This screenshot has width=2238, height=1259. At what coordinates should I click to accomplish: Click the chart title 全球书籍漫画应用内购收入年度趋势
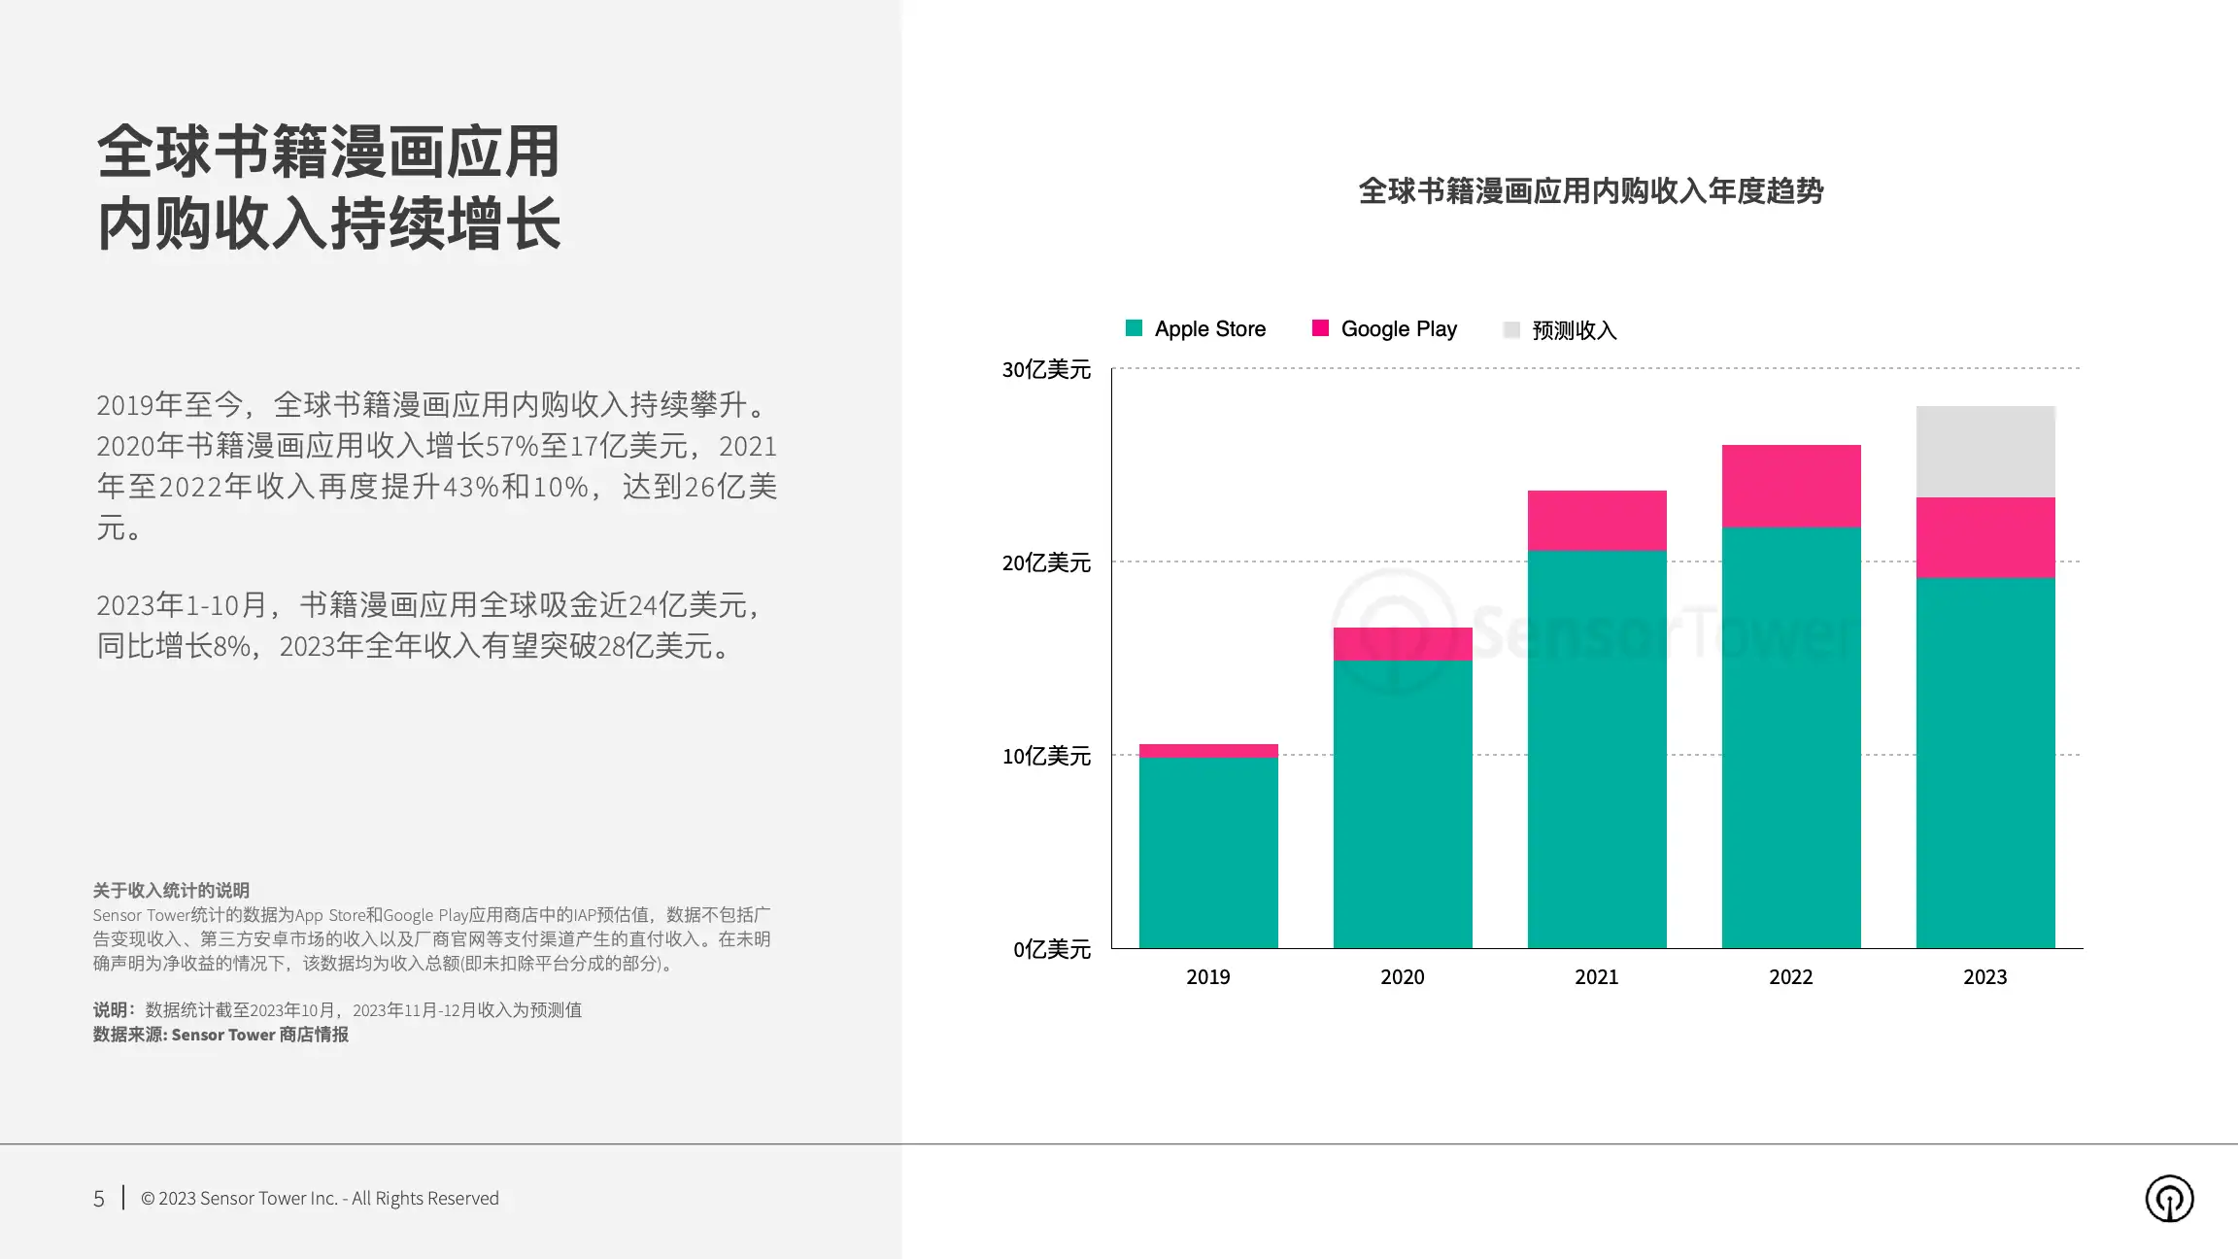[1590, 191]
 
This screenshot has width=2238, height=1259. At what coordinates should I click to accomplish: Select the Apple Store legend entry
[1196, 329]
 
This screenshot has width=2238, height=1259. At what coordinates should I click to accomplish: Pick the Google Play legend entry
[1384, 329]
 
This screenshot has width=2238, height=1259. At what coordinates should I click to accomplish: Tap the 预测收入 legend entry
[1560, 330]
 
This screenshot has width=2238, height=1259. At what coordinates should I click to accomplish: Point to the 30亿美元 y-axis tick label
[1046, 369]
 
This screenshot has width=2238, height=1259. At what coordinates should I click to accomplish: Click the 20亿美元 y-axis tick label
[1046, 562]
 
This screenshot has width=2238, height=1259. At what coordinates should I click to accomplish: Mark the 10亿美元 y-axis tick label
[1046, 756]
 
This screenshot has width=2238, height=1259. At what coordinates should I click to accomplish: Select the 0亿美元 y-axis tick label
[1052, 949]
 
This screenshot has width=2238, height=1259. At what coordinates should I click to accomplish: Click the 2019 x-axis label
[1208, 977]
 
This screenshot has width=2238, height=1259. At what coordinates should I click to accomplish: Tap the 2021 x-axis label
[1597, 977]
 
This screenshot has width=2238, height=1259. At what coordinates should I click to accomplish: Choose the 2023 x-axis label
[1985, 977]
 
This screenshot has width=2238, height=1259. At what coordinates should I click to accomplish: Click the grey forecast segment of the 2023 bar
[1985, 452]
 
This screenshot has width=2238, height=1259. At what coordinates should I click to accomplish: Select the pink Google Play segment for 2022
[1791, 486]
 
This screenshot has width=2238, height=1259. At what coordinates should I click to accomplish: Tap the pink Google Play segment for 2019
[1208, 751]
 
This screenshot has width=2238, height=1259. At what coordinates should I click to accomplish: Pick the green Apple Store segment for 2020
[1403, 804]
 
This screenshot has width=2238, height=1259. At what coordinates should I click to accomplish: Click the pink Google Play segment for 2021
[1597, 521]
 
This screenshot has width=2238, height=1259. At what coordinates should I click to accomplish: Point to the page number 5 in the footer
[99, 1199]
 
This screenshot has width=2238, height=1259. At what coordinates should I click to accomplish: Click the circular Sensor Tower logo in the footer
[2169, 1199]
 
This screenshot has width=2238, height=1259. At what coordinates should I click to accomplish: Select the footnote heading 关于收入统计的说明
[171, 890]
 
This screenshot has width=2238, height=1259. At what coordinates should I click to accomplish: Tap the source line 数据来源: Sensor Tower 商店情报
[220, 1035]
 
